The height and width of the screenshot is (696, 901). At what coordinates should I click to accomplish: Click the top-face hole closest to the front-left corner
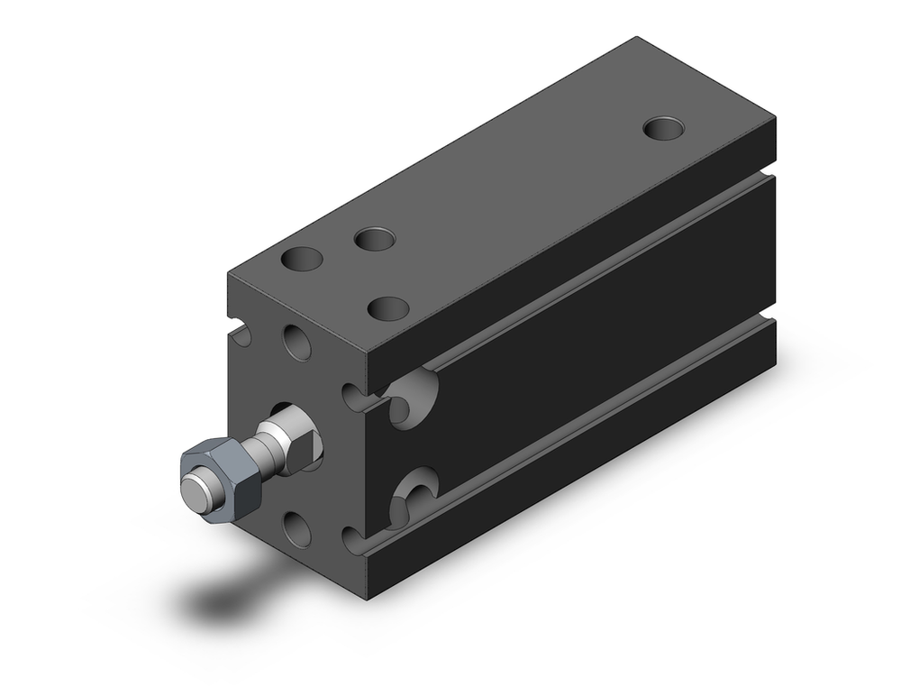point(302,260)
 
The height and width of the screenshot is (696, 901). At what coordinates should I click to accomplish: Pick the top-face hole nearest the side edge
point(389,308)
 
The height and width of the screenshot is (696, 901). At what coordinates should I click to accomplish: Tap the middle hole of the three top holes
point(374,240)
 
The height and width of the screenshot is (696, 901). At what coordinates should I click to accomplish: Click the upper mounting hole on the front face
point(297,343)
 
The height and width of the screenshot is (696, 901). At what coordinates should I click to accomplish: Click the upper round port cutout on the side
point(413,394)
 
